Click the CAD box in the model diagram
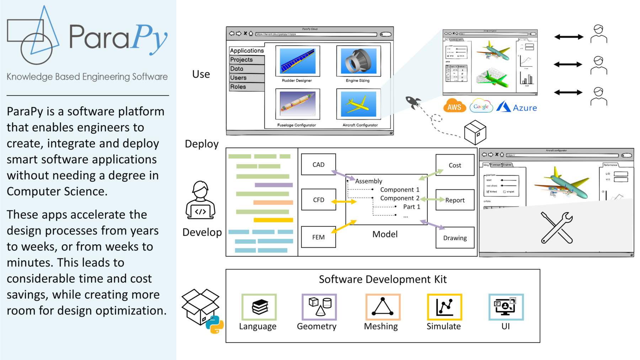click(318, 164)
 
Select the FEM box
click(318, 237)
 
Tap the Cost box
click(455, 165)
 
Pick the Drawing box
click(455, 238)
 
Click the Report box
click(455, 200)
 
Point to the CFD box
click(318, 200)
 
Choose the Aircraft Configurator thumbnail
click(358, 104)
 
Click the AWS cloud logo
click(454, 106)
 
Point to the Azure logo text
click(524, 108)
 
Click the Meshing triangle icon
click(383, 307)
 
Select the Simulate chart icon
click(444, 307)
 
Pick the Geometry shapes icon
click(319, 307)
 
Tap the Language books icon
click(259, 307)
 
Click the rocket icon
click(413, 102)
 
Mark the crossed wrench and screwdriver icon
click(556, 227)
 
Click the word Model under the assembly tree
click(385, 234)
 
